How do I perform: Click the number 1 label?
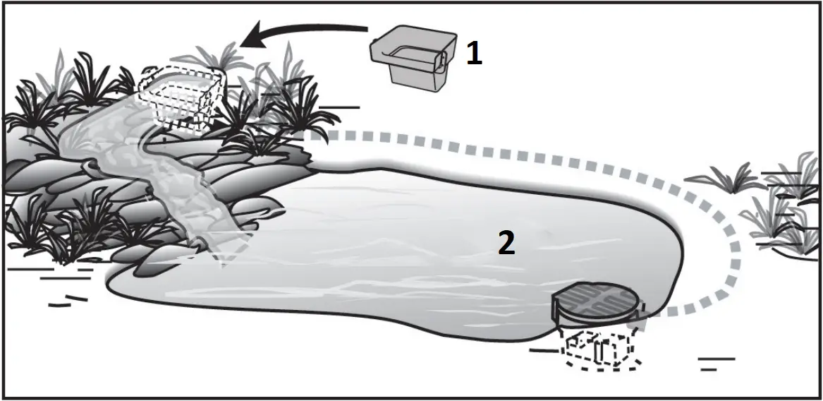(x=475, y=54)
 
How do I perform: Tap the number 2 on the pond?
(x=506, y=243)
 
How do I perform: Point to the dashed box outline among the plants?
(x=183, y=99)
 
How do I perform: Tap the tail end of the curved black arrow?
(x=365, y=29)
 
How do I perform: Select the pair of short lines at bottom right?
(x=714, y=364)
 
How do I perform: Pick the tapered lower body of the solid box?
(x=419, y=78)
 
